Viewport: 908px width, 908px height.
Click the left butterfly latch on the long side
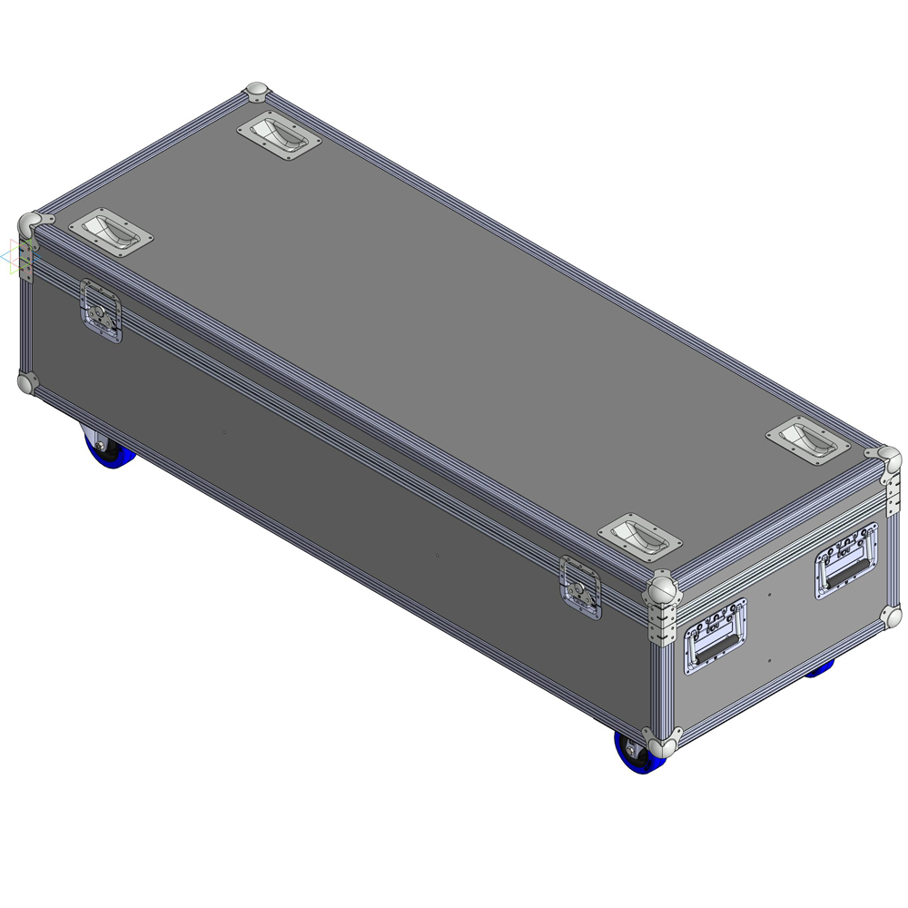click(101, 311)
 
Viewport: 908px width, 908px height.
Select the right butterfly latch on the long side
click(580, 587)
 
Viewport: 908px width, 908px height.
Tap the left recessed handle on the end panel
click(716, 637)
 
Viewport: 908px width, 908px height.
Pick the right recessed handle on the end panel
click(846, 560)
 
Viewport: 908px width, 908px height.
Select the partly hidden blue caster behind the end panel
click(821, 668)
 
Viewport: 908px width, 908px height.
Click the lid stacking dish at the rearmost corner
click(280, 135)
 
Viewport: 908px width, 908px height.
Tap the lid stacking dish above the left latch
click(111, 231)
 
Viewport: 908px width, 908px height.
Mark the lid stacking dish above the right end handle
click(807, 441)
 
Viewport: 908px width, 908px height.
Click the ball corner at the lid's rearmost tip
click(258, 93)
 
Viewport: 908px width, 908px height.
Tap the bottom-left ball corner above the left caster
click(28, 383)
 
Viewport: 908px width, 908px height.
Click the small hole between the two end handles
click(770, 595)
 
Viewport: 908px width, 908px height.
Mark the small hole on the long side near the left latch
click(223, 432)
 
